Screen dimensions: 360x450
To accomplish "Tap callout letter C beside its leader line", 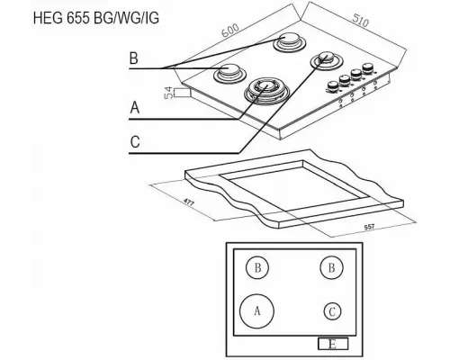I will pos(134,141).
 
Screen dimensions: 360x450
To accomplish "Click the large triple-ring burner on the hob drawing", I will pos(264,87).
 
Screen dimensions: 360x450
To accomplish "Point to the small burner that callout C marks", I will pos(322,60).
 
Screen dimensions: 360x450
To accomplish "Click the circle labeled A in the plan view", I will pos(258,310).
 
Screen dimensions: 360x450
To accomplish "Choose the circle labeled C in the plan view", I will pos(332,311).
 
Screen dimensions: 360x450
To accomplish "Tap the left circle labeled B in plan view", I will pos(258,268).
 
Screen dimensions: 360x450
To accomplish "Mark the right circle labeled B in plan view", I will pos(332,268).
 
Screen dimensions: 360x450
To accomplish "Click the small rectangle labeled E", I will pos(333,344).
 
